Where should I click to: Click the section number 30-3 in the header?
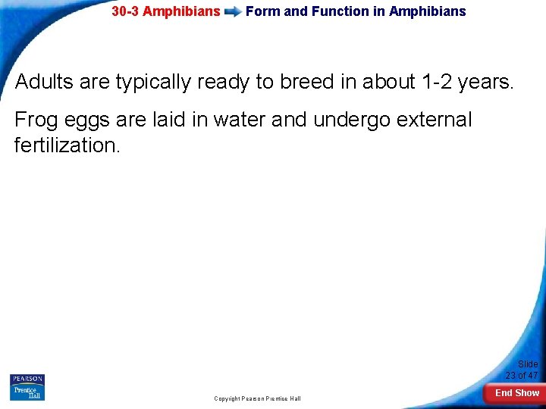(125, 11)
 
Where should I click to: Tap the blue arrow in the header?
(233, 12)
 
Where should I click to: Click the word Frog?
(36, 120)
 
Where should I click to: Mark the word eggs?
(89, 120)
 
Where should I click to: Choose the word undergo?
(353, 120)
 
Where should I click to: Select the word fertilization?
(67, 145)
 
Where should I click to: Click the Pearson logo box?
(27, 379)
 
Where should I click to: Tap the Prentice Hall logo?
(27, 392)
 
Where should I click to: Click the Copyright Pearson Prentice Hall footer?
(257, 398)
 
